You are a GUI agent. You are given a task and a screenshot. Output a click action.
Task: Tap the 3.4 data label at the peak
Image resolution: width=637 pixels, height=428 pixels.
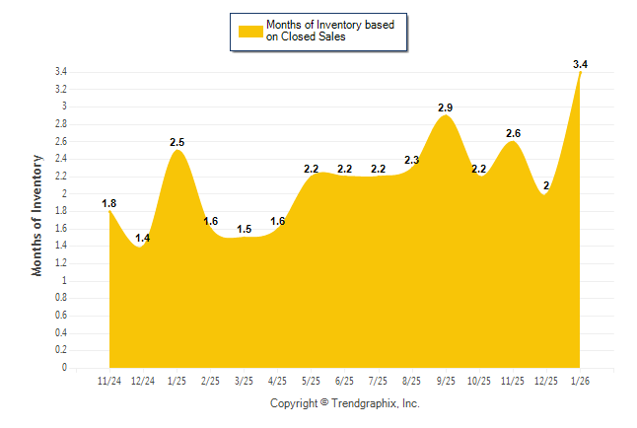[x=581, y=64]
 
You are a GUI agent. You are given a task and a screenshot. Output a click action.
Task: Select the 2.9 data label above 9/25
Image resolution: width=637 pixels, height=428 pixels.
[x=446, y=107]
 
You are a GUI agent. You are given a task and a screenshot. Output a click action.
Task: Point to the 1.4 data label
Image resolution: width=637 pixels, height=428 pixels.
[x=143, y=238]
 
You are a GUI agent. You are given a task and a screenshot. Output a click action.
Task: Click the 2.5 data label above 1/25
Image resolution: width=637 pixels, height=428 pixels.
[x=177, y=142]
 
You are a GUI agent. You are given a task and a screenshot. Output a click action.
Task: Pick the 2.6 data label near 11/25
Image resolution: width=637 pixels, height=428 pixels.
[x=513, y=133]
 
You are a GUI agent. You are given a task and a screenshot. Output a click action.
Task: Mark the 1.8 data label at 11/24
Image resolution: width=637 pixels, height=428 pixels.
[x=109, y=203]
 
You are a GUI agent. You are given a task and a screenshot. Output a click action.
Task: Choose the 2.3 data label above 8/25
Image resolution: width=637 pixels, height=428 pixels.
[x=412, y=160]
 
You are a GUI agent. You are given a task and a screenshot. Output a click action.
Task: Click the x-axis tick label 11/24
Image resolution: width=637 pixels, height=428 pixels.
[x=109, y=380]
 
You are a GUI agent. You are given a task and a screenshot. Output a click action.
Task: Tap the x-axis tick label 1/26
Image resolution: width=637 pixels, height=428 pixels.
[x=581, y=380]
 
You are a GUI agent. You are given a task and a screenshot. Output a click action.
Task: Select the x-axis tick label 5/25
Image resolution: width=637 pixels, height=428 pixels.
[x=312, y=380]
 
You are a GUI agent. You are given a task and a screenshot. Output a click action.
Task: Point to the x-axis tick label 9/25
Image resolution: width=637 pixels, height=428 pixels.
[x=446, y=380]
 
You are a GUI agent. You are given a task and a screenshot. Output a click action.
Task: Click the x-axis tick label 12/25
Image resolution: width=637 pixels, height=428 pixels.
[x=547, y=380]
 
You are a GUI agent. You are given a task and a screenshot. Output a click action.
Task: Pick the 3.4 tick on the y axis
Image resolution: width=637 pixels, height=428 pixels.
[x=61, y=72]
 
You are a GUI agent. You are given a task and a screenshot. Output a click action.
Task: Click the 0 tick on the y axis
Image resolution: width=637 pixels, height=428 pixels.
[x=64, y=368]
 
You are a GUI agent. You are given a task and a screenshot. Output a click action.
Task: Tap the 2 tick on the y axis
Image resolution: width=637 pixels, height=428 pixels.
[x=64, y=194]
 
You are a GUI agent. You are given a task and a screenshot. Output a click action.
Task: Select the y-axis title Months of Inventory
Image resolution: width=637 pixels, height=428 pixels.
[x=37, y=214]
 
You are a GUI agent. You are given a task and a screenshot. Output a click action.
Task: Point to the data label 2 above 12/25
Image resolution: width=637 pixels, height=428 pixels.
[x=546, y=185]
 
